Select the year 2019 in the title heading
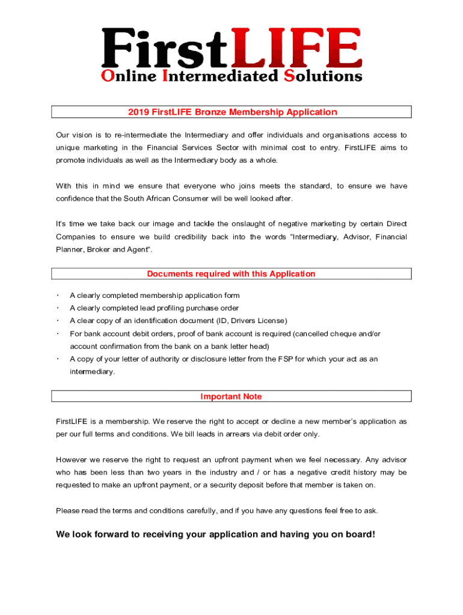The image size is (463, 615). (138, 112)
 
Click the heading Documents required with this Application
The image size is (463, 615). (231, 274)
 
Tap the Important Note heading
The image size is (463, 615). (231, 397)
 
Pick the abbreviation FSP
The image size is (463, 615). (285, 359)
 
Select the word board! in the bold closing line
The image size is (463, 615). (358, 534)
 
